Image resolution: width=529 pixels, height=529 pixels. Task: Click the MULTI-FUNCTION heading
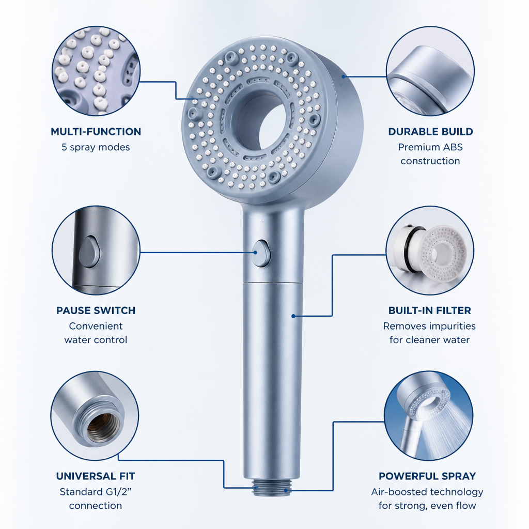coord(96,132)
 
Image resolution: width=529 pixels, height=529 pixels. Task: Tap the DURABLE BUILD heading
coord(430,132)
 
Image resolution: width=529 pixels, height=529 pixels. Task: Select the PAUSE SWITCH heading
coord(96,310)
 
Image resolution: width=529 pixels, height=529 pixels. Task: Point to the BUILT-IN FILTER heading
coord(429,310)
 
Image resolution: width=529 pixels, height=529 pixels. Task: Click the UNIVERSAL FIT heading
coord(96,476)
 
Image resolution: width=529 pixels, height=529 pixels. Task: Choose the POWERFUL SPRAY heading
coord(427,476)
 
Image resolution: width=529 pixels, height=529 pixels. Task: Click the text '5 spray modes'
coord(96,147)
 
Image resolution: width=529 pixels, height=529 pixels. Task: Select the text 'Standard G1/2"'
coord(96,492)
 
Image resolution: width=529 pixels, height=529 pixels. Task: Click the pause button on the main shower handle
coord(261,253)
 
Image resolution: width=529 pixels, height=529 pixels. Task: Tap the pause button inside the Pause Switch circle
coord(89,252)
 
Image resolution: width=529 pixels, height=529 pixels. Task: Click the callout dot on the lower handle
coord(293,316)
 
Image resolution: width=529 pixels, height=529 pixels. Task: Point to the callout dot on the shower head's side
coord(344,76)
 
